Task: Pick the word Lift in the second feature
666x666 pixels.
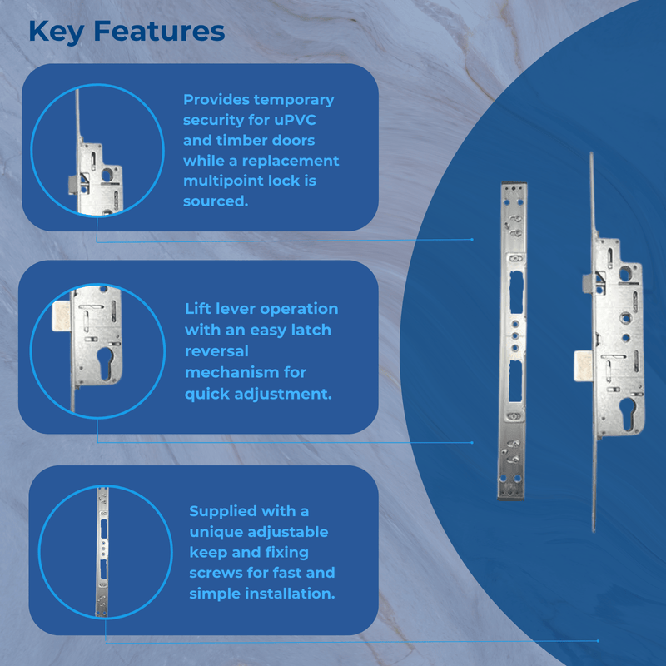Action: point(199,309)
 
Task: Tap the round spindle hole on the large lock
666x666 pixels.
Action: point(625,274)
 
